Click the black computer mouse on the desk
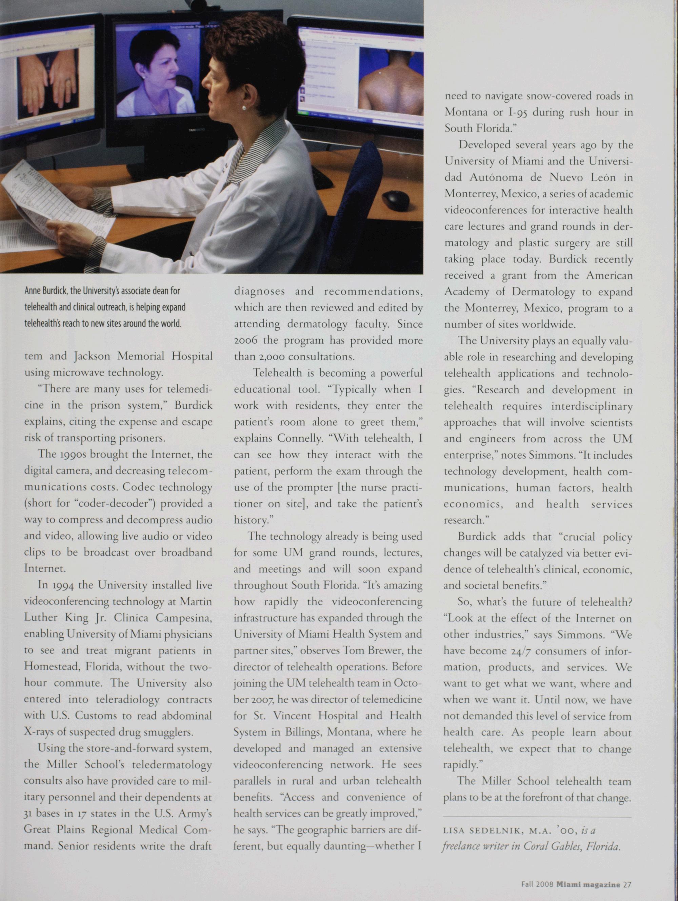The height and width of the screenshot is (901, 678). pos(396,199)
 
